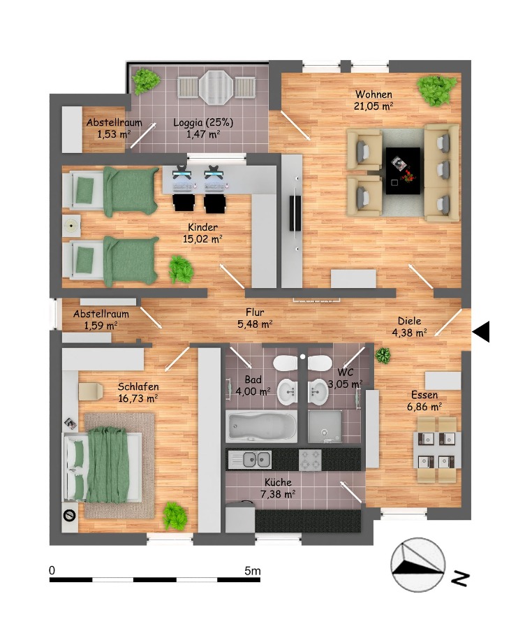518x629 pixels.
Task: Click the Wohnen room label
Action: [373, 94]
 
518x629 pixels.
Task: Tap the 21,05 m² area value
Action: [373, 106]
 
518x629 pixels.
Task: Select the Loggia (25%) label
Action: [203, 123]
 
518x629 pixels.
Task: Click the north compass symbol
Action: [418, 565]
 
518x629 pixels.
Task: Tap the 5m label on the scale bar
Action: [253, 571]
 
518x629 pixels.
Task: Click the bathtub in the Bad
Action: [260, 427]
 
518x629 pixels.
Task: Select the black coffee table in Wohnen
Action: [404, 171]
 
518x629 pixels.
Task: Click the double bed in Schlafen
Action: [108, 465]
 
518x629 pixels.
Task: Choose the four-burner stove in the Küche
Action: [310, 459]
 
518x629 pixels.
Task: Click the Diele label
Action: [410, 321]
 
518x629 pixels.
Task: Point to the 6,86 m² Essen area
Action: [424, 406]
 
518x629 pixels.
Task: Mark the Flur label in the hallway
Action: [255, 312]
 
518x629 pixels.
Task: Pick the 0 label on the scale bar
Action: [52, 571]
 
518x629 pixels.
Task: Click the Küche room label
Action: [278, 482]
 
